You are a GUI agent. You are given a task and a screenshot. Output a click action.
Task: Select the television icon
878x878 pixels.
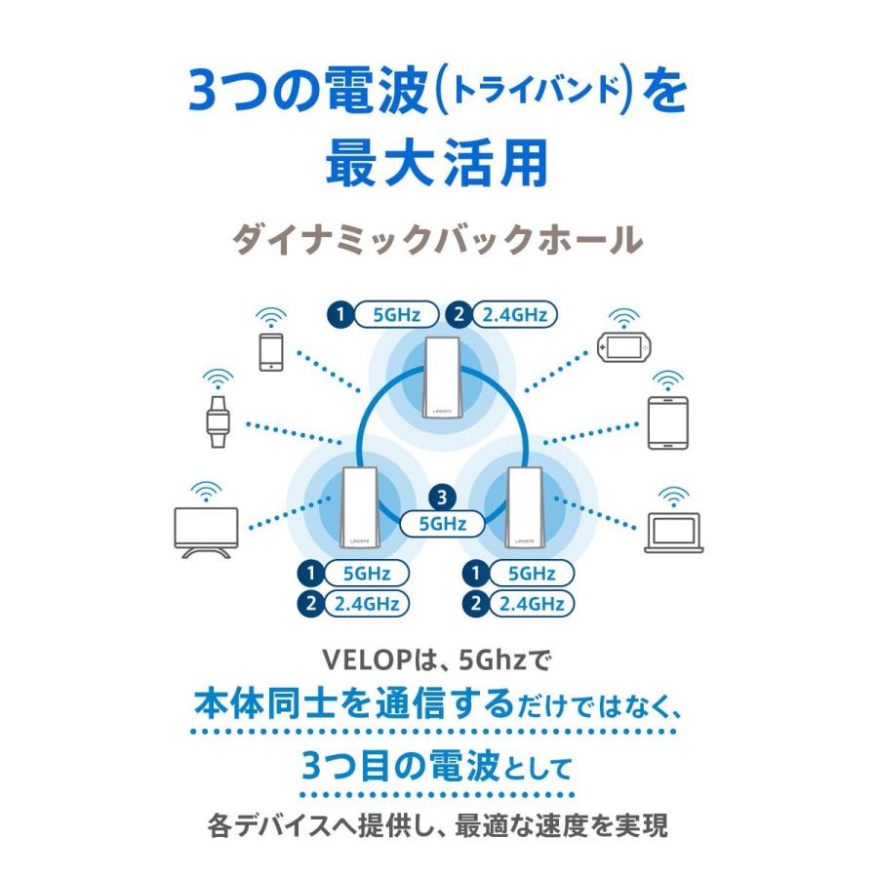[x=205, y=530]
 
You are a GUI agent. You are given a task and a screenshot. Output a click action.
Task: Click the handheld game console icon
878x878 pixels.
[x=623, y=347]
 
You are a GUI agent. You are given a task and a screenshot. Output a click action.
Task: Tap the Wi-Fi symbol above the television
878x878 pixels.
[x=204, y=487]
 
